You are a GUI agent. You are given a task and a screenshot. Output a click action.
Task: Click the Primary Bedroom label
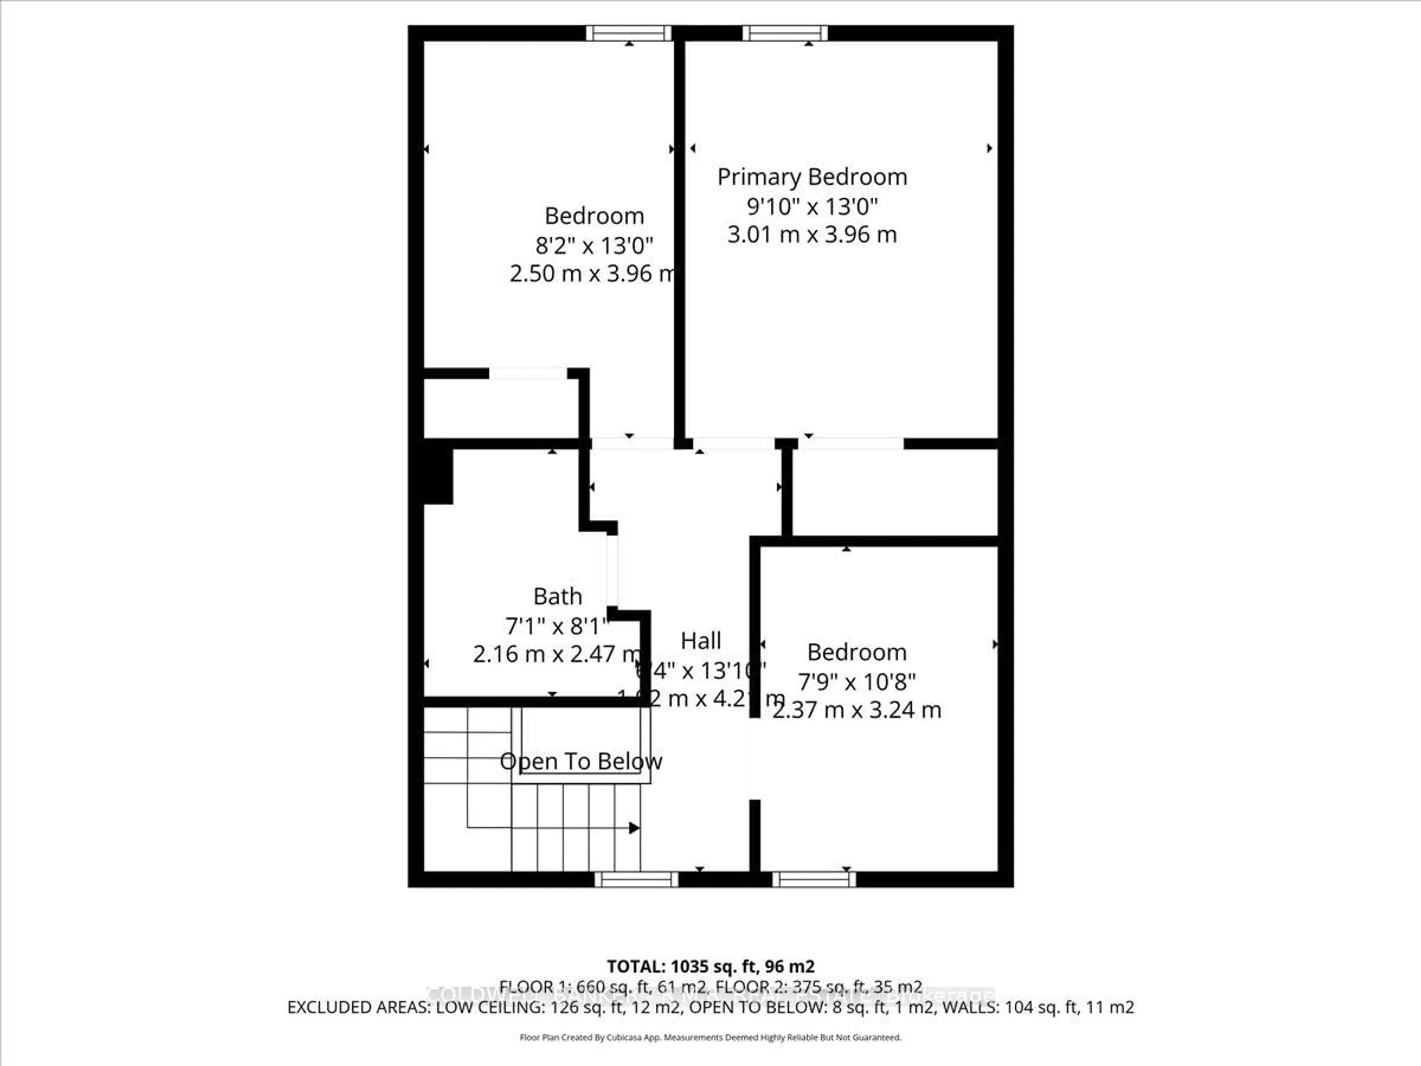[812, 177]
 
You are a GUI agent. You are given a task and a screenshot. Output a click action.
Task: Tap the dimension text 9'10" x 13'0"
[812, 206]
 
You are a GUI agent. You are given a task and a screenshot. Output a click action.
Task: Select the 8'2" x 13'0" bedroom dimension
[594, 245]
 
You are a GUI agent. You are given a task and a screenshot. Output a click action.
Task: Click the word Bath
[558, 596]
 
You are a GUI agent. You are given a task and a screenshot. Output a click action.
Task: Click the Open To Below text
[581, 761]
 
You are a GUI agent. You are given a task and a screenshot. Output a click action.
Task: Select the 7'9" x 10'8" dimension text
[857, 681]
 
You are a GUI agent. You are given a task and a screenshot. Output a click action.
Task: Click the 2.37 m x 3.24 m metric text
[857, 710]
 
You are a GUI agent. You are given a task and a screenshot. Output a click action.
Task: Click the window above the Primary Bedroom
[785, 33]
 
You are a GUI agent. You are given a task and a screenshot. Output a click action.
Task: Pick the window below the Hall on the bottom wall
[636, 880]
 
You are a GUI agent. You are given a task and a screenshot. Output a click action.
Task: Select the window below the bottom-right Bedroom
[814, 880]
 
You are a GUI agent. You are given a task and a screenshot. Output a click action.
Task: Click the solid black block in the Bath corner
[437, 476]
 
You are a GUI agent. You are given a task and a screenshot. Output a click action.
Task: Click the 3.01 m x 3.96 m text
[812, 235]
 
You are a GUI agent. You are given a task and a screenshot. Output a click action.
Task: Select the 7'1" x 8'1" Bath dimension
[556, 625]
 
